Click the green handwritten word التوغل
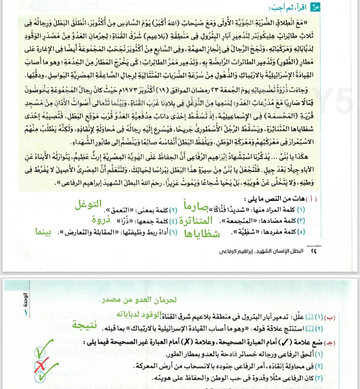point(88,205)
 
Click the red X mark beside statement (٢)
point(40,365)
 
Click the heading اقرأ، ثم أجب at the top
point(296,7)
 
